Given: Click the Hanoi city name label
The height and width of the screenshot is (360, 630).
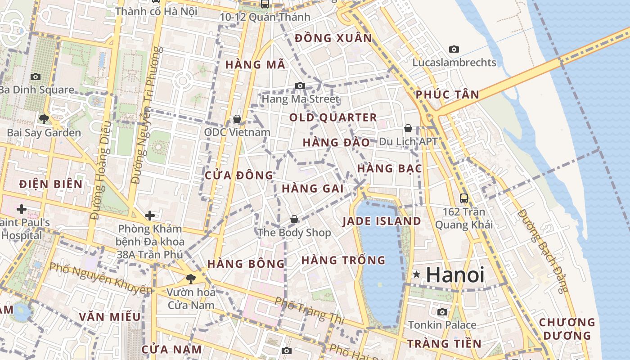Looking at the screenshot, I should point(455,275).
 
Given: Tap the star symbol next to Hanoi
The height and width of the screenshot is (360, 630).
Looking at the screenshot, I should point(417,274).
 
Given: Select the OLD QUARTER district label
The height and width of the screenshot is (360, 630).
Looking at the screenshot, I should point(333,118).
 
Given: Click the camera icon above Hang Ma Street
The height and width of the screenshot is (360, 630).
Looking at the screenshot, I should point(300,85).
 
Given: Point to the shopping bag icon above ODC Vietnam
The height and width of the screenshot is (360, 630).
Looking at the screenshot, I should point(237,119).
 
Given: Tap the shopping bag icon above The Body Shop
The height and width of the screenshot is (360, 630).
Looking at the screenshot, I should point(294,219).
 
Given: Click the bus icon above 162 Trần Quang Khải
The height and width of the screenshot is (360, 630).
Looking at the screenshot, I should point(463,198).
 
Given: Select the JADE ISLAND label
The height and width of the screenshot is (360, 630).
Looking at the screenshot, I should point(382,221).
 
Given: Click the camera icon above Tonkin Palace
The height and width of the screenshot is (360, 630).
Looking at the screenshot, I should point(442,312).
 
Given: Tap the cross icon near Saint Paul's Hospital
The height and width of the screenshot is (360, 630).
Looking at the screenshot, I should point(21,209).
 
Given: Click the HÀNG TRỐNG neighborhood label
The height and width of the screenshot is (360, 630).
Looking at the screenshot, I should point(343,260).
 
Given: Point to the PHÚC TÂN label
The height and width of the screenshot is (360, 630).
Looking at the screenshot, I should point(447,94).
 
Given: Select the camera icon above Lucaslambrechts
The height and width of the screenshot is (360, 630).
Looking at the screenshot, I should point(454,49).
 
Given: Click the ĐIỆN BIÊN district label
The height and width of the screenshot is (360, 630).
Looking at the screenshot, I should point(51,184).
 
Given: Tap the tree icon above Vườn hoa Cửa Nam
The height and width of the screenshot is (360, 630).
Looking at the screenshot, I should point(191,279).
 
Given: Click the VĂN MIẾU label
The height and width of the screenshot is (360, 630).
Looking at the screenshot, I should point(110,316).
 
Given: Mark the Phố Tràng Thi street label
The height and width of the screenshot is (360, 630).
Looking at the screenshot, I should point(309,310).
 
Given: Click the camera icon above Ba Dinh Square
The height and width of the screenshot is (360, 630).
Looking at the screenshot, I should point(35,77).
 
